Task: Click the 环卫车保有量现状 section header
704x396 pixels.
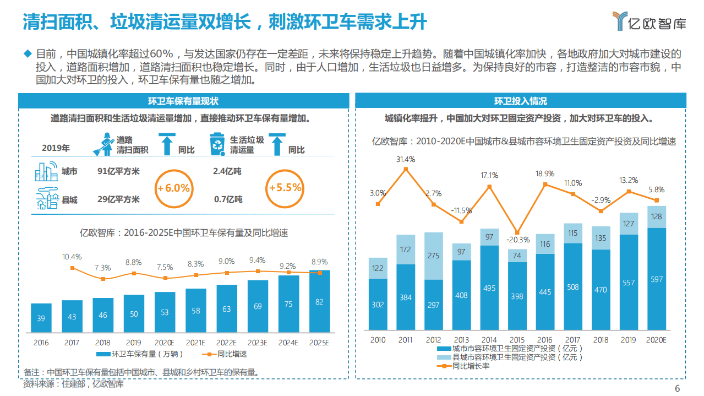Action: click(x=183, y=101)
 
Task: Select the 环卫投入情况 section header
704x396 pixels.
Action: click(x=520, y=101)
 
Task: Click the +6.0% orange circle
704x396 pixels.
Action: click(x=173, y=188)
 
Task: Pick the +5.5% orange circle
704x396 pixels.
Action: click(x=285, y=188)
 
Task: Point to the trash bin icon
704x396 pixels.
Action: click(x=217, y=144)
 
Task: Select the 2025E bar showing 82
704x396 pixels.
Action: click(x=319, y=302)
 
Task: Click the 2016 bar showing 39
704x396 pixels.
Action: click(x=41, y=318)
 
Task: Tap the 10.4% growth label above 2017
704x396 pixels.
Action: click(x=72, y=257)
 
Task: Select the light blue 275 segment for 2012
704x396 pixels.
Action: click(x=434, y=256)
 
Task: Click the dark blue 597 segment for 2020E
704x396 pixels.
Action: click(x=656, y=279)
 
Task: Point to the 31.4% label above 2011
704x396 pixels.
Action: click(x=406, y=160)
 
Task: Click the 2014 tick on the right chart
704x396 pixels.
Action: click(x=489, y=340)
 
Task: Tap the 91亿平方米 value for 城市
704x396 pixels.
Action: click(x=118, y=171)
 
